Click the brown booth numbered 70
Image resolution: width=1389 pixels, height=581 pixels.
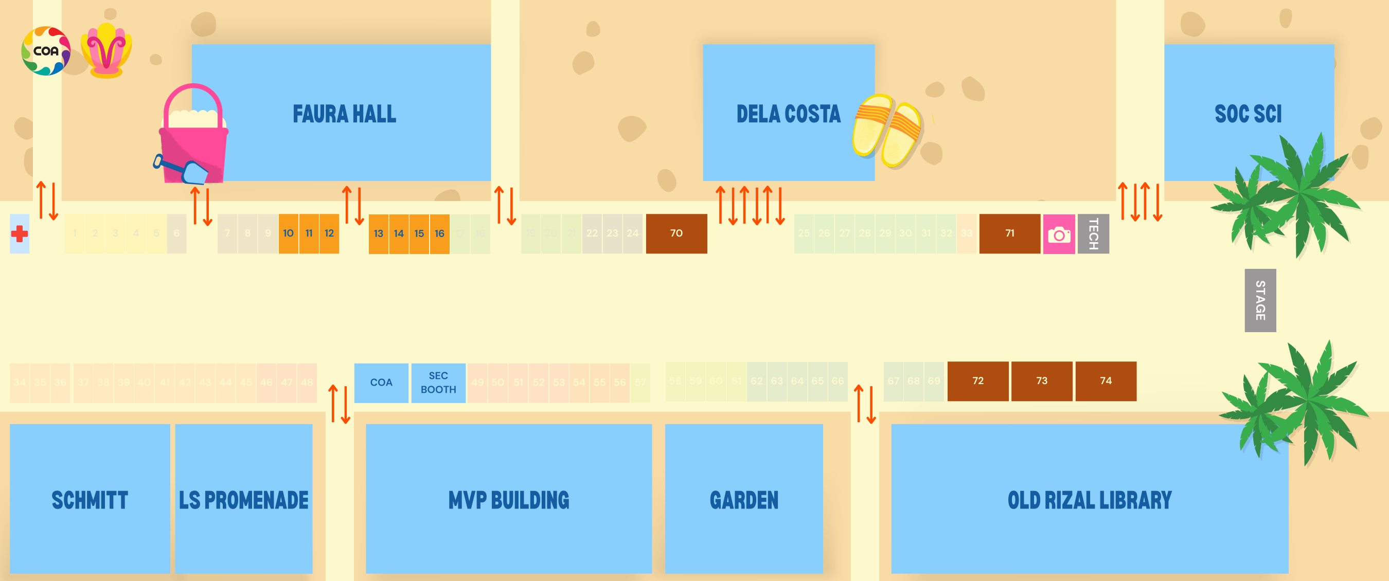pyautogui.click(x=676, y=233)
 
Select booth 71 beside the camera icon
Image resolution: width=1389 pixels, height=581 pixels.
pyautogui.click(x=1009, y=233)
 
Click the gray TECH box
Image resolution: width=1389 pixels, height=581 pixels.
pyautogui.click(x=1093, y=233)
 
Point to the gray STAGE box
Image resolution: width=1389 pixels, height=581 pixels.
pyautogui.click(x=1260, y=300)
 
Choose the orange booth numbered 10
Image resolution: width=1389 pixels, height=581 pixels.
pyautogui.click(x=289, y=233)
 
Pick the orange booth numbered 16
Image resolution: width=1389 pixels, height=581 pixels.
pyautogui.click(x=439, y=233)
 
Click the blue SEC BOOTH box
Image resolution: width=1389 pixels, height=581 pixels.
pyautogui.click(x=438, y=383)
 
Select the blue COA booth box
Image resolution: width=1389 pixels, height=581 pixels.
pyautogui.click(x=381, y=383)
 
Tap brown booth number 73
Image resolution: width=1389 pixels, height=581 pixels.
pyautogui.click(x=1041, y=381)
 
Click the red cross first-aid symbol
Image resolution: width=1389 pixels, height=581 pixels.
pyautogui.click(x=20, y=234)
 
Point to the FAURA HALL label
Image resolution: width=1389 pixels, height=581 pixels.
pyautogui.click(x=344, y=114)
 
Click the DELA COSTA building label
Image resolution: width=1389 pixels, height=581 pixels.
pyautogui.click(x=788, y=114)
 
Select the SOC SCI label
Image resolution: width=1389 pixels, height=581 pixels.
pyautogui.click(x=1248, y=114)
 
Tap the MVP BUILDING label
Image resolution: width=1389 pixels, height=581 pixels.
pyautogui.click(x=508, y=500)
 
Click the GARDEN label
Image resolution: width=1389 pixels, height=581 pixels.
pyautogui.click(x=743, y=500)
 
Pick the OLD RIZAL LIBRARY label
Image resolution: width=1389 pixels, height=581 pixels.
pyautogui.click(x=1089, y=500)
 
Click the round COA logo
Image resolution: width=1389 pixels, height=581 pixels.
pyautogui.click(x=46, y=51)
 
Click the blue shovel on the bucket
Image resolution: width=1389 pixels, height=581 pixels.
pyautogui.click(x=183, y=170)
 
